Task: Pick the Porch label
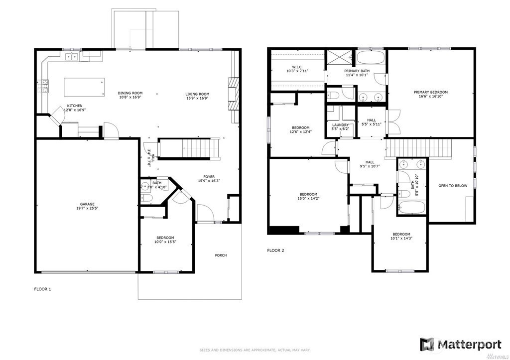point(221,255)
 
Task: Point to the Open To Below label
point(452,186)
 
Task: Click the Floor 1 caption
point(42,289)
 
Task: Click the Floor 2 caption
point(275,250)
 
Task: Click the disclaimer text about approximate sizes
point(255,350)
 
